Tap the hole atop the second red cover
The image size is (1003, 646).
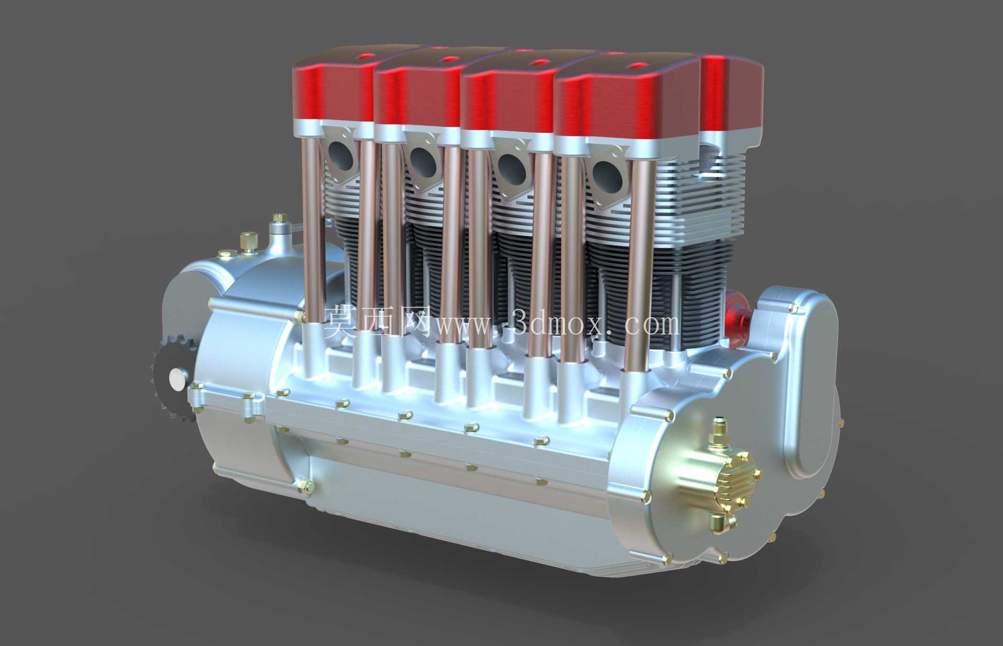tap(447, 60)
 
